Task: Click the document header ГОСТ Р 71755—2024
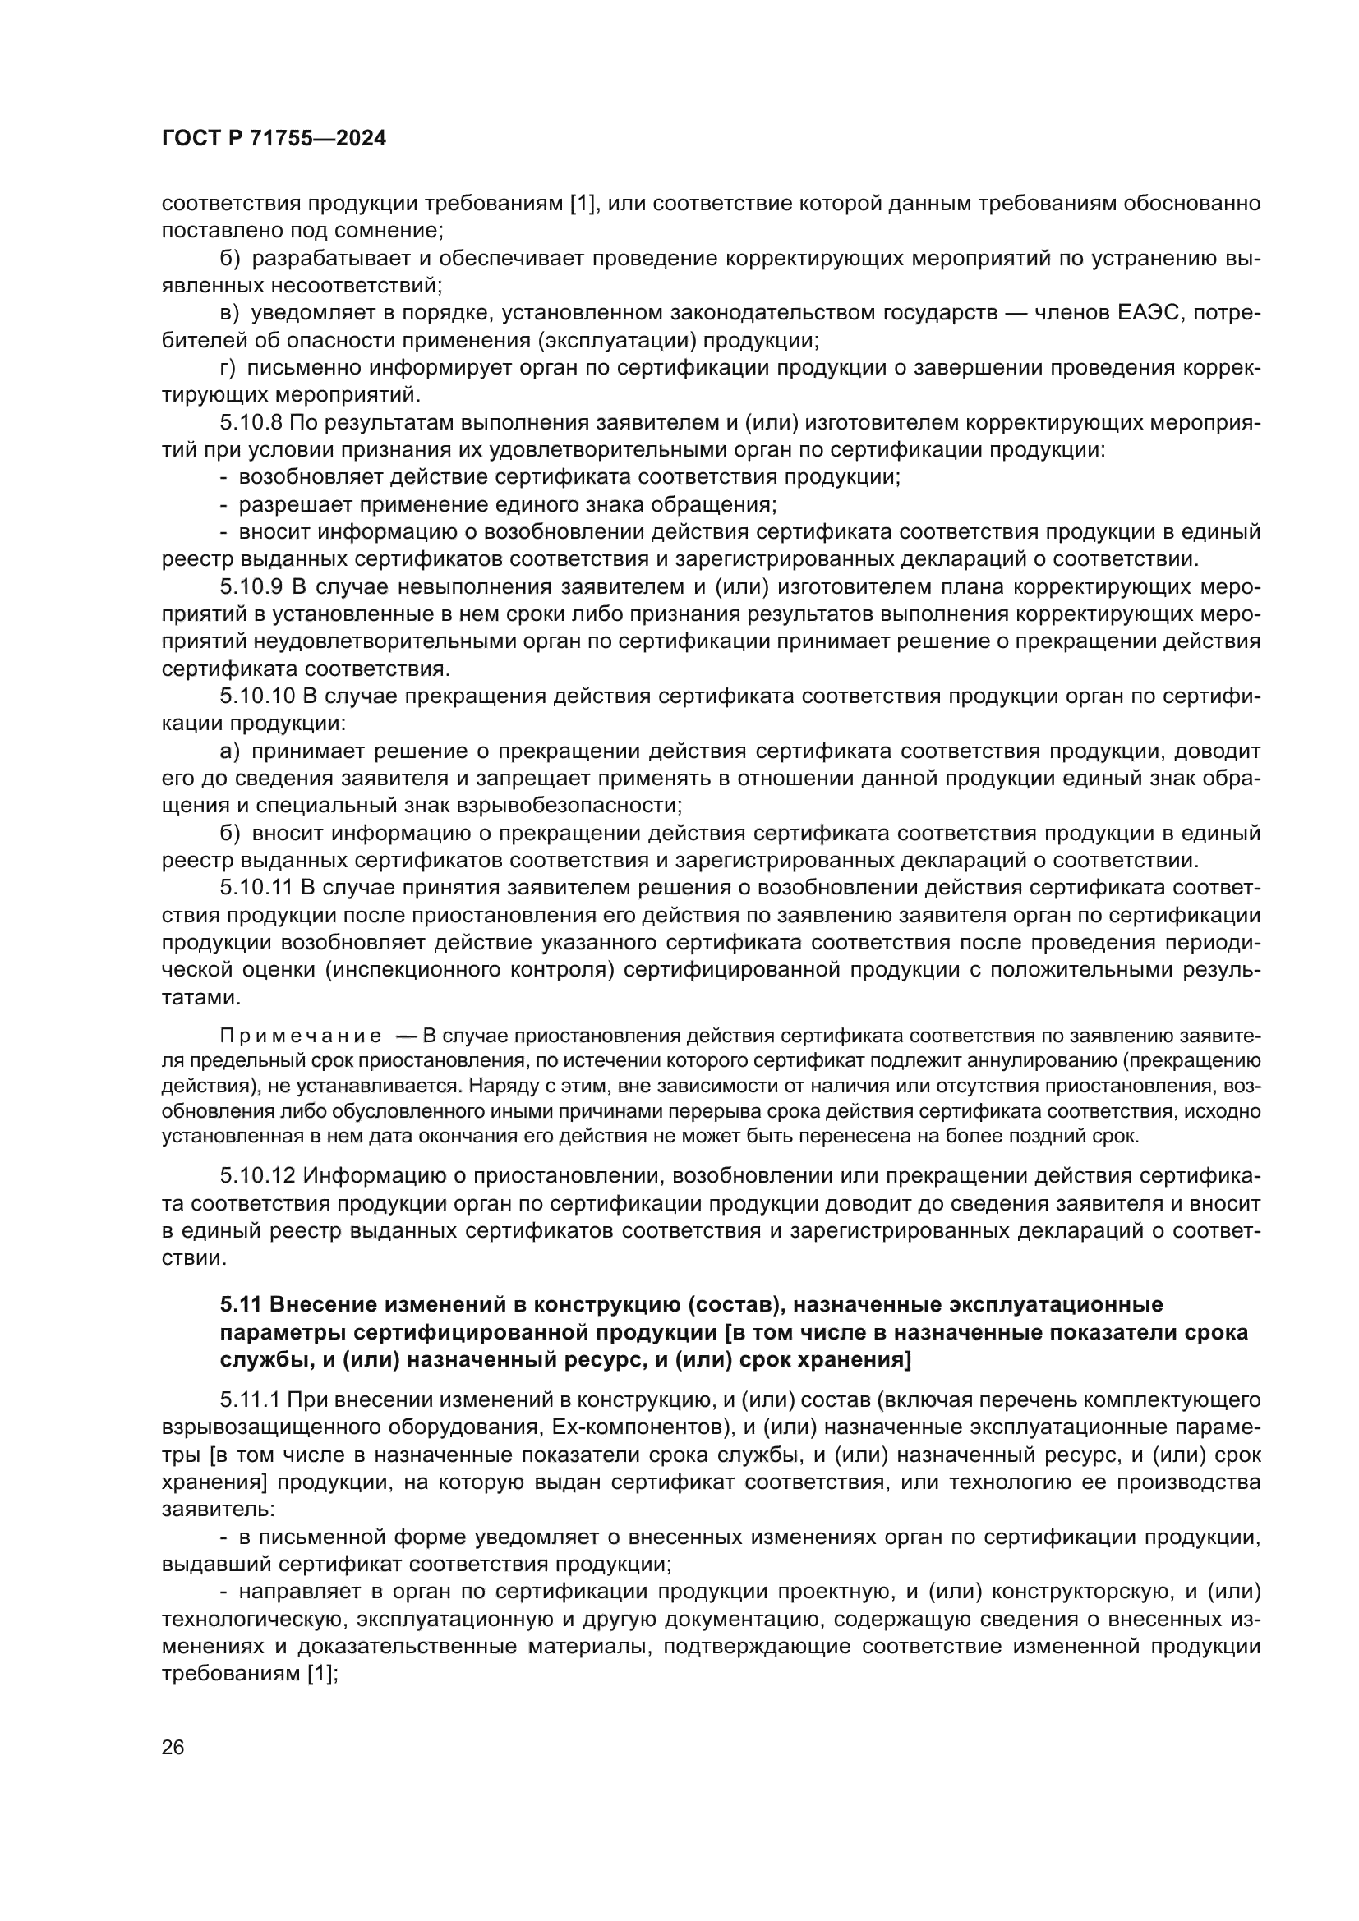(x=274, y=139)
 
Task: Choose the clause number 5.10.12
(x=258, y=1175)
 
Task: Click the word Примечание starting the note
(x=302, y=1036)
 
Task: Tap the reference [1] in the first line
(x=582, y=204)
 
